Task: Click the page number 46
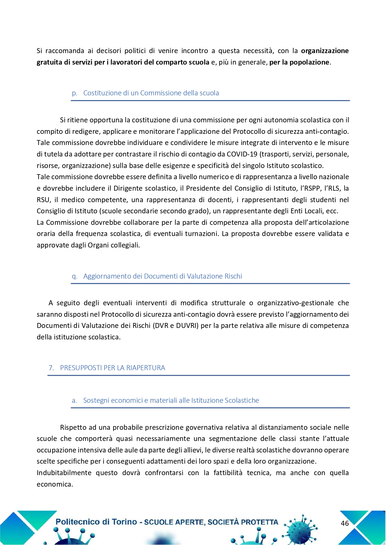(345, 523)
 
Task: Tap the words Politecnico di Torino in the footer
(96, 522)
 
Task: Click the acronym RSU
(43, 200)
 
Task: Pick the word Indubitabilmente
(64, 473)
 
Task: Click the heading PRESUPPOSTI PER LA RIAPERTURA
(112, 368)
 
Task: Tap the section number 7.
(51, 368)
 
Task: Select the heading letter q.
(74, 276)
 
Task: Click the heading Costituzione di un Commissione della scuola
(151, 93)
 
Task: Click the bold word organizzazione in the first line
(325, 51)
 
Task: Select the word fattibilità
(228, 473)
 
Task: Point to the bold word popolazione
(309, 62)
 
